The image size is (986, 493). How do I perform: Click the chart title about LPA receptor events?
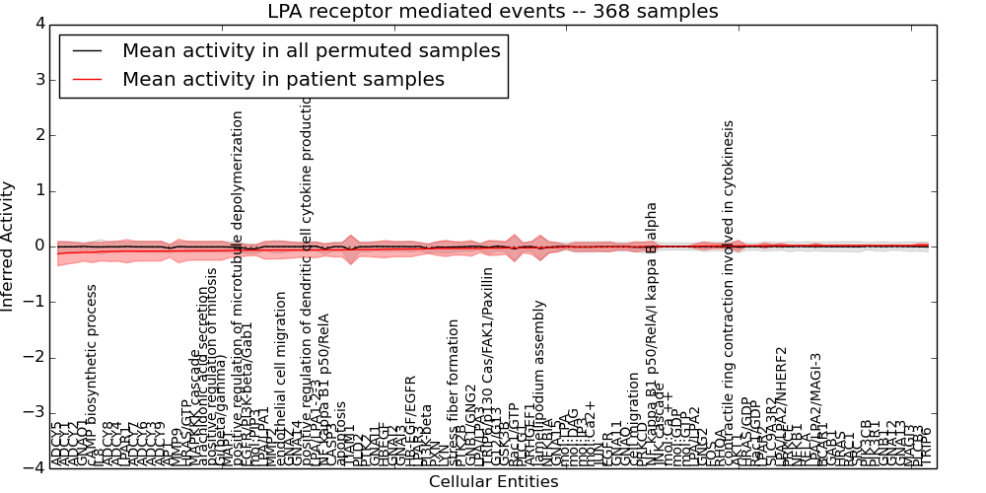493,12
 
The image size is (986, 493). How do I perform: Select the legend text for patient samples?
283,79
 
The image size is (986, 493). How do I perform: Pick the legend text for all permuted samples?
311,50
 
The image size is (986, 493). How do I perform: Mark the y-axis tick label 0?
38,246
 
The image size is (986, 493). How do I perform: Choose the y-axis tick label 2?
38,135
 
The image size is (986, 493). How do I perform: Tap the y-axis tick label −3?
35,413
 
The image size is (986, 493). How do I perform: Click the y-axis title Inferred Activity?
9,246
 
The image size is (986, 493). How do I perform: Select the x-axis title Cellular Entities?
493,482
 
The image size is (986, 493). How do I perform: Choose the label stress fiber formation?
454,391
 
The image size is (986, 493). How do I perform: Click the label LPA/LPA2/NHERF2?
782,404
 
